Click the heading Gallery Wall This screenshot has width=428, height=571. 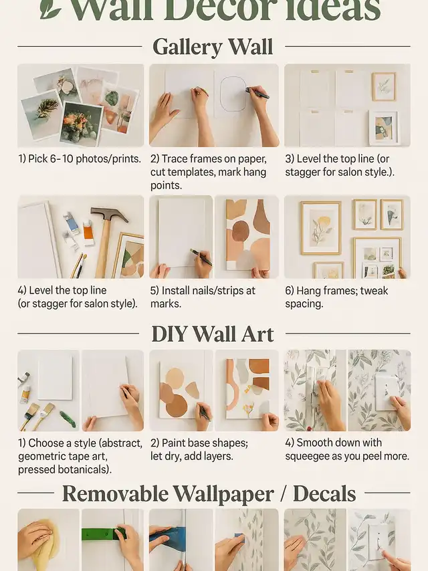(x=213, y=47)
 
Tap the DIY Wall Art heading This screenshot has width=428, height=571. (x=213, y=334)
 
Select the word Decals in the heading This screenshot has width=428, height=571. (x=324, y=493)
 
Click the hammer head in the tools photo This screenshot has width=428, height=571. (x=109, y=215)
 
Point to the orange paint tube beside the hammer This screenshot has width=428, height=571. (x=88, y=231)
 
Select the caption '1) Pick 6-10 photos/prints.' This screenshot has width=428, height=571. (x=80, y=158)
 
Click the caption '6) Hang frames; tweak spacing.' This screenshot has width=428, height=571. (x=336, y=297)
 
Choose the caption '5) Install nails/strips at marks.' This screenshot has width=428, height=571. (x=203, y=297)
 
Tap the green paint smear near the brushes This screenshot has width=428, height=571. (x=68, y=419)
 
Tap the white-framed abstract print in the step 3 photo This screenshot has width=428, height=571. (x=383, y=128)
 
